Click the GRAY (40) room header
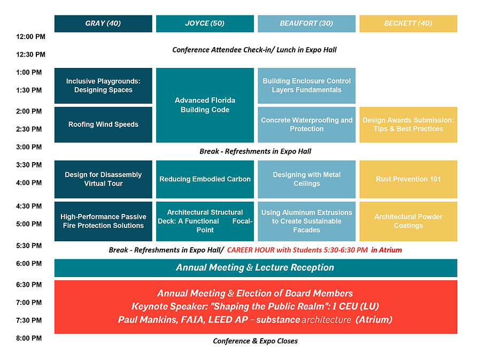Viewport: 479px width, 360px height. click(103, 24)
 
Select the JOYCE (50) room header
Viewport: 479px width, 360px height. click(205, 24)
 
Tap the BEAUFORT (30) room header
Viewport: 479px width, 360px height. click(306, 24)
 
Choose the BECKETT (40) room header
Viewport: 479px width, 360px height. click(408, 24)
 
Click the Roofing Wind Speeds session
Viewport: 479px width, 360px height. click(103, 125)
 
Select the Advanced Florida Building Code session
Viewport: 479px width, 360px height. click(205, 105)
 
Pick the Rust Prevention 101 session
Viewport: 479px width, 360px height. click(408, 179)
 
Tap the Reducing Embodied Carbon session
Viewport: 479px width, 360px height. click(205, 179)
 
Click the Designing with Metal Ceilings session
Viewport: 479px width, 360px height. click(306, 179)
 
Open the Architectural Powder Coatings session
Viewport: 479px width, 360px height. click(408, 221)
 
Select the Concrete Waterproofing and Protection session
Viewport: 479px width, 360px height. click(306, 125)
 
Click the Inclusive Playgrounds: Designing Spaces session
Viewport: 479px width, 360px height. click(103, 86)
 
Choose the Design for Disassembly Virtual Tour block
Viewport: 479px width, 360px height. click(103, 179)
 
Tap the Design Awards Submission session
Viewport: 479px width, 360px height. click(408, 125)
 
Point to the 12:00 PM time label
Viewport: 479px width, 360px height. click(31, 37)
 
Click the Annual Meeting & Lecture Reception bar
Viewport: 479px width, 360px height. click(256, 267)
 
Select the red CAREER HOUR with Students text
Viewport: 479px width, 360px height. click(314, 250)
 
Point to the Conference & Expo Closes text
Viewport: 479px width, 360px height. click(256, 341)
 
